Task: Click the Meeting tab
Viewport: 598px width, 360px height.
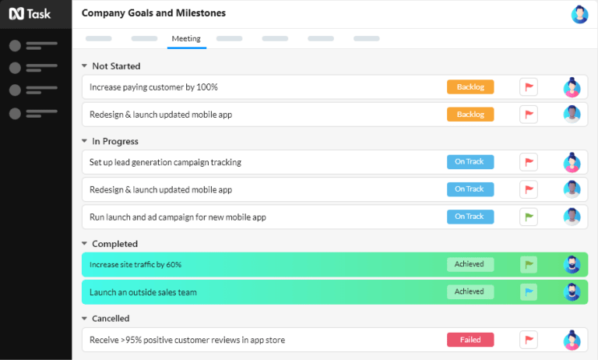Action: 186,39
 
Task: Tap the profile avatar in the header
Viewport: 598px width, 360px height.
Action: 579,14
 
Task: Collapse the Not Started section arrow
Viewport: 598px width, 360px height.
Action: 84,66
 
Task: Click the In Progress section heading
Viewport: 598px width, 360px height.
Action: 115,141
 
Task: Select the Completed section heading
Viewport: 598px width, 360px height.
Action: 114,244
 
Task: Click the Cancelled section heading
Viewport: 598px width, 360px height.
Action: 111,319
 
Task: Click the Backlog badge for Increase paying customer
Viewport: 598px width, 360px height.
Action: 470,87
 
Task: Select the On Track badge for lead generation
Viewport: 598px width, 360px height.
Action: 470,162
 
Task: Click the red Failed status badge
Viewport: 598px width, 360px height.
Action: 470,340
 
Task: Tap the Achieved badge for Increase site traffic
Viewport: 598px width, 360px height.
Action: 470,264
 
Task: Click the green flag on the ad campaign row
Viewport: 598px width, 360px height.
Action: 529,217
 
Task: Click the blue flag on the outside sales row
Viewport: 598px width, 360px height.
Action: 529,292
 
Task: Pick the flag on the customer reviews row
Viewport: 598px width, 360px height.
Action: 529,340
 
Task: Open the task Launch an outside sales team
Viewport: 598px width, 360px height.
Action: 143,292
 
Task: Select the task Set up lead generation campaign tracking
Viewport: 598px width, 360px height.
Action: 165,162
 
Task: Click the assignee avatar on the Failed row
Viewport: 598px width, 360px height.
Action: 572,340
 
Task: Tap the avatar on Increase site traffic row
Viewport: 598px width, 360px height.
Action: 572,264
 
